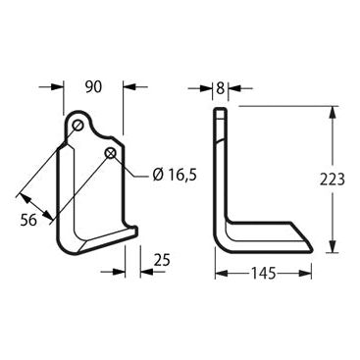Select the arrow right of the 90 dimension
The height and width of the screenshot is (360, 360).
click(129, 87)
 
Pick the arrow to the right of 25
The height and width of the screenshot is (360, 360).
click(145, 269)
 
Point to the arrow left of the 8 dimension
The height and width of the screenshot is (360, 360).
click(207, 89)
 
